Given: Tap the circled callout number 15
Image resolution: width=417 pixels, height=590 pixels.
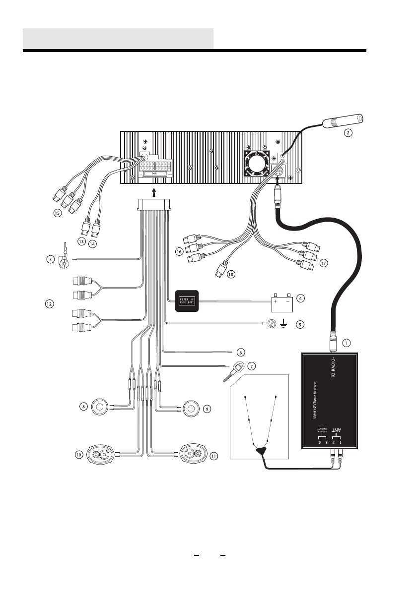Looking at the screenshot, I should coord(58,214).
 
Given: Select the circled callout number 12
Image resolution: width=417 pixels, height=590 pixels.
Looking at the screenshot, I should coord(49,304).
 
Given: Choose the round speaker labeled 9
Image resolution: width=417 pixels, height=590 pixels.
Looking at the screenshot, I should coord(192,409).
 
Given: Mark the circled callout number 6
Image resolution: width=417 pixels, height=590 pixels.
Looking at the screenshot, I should coord(240,353).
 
